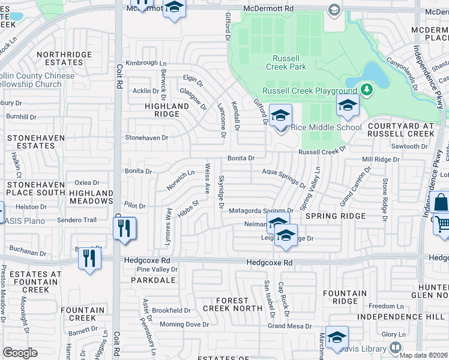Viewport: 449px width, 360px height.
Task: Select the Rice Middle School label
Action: pyautogui.click(x=326, y=127)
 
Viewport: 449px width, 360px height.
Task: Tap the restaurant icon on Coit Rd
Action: pyautogui.click(x=124, y=229)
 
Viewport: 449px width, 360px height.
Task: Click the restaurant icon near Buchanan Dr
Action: pyautogui.click(x=89, y=259)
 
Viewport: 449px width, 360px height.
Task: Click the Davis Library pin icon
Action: pyautogui.click(x=396, y=347)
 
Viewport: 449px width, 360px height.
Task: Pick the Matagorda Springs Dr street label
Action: pyautogui.click(x=260, y=211)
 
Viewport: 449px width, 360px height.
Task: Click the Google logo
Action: pyautogui.click(x=20, y=353)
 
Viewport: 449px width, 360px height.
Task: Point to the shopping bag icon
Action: pyautogui.click(x=440, y=203)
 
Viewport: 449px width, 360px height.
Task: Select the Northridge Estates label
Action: pyautogui.click(x=64, y=58)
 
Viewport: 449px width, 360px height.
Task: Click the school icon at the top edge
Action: pyautogui.click(x=174, y=8)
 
